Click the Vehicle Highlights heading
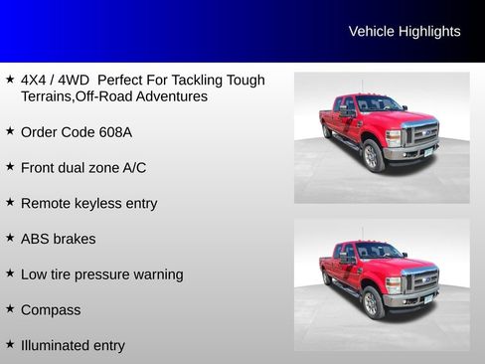[404, 32]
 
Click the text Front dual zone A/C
[83, 168]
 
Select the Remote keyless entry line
[88, 204]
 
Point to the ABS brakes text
[58, 240]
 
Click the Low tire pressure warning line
[101, 274]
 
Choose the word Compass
[51, 310]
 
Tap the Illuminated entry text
[73, 346]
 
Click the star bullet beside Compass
[10, 309]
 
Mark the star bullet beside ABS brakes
[10, 238]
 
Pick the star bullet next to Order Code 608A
[10, 130]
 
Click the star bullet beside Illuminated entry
[10, 344]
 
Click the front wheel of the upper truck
[374, 155]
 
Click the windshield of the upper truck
[379, 103]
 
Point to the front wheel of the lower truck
[374, 302]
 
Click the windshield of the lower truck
[379, 251]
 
